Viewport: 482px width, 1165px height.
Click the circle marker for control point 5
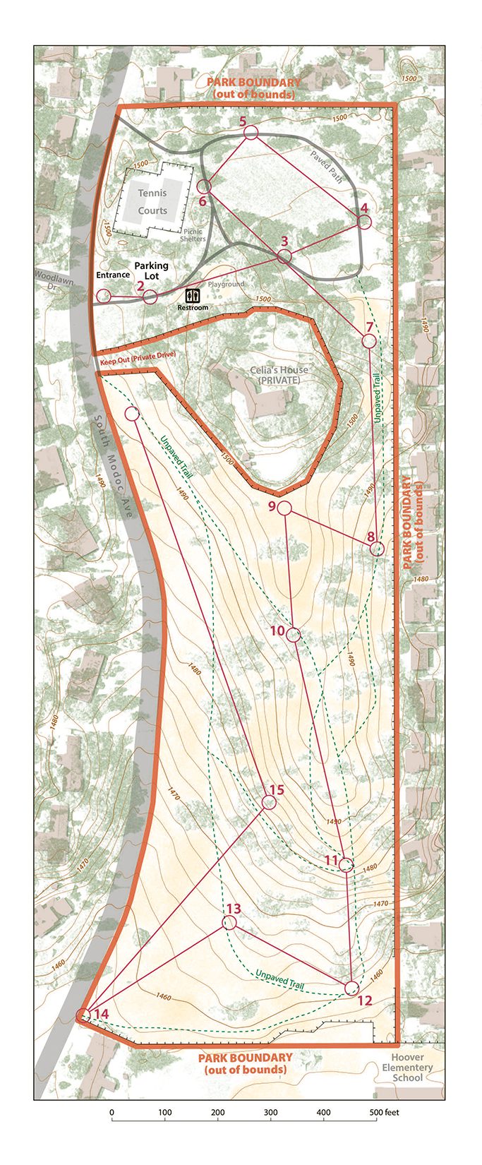click(x=251, y=133)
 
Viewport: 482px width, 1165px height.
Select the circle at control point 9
click(x=284, y=508)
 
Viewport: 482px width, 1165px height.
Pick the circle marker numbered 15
click(x=269, y=802)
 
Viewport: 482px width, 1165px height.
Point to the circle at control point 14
click(x=83, y=1015)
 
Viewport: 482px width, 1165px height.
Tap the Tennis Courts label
click(x=152, y=201)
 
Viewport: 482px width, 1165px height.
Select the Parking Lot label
click(x=152, y=270)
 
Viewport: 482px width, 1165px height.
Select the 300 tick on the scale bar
click(x=217, y=1113)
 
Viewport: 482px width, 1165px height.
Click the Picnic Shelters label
click(x=193, y=234)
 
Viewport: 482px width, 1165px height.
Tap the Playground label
click(x=226, y=284)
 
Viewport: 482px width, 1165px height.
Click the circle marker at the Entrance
click(x=104, y=295)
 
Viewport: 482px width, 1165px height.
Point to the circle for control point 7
click(x=368, y=341)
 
